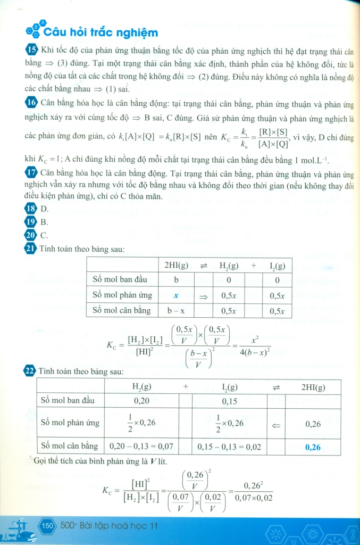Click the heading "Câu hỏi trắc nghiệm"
[101, 33]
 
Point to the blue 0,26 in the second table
[313, 447]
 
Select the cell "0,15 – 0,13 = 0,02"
[229, 447]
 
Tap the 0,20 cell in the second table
[142, 401]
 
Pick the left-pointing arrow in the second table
[276, 424]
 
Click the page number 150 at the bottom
[47, 526]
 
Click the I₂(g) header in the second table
[229, 387]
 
